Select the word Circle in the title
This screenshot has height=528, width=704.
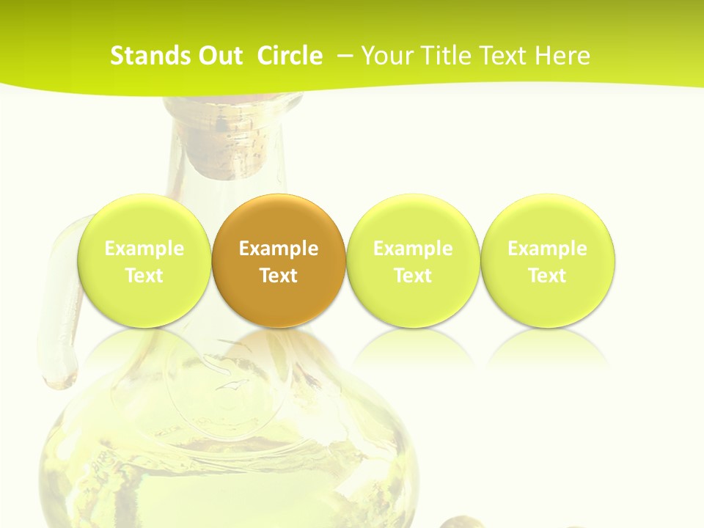click(x=290, y=56)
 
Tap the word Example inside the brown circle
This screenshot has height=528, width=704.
click(x=278, y=249)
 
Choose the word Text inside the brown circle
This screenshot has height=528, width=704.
click(x=278, y=276)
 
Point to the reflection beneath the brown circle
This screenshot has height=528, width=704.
click(x=278, y=348)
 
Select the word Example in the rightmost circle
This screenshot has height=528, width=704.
click(x=547, y=249)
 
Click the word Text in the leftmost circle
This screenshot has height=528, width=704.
click(x=144, y=276)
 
